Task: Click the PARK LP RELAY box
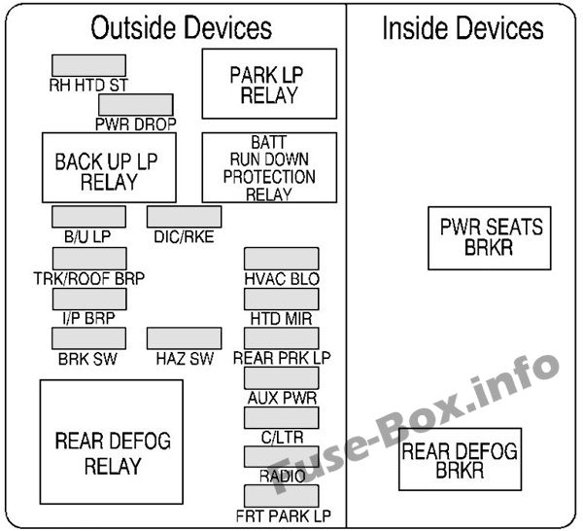point(269,84)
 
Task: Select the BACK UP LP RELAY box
point(108,168)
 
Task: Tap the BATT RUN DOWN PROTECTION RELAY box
point(269,168)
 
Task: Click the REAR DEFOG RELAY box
point(111,452)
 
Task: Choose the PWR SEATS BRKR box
point(490,237)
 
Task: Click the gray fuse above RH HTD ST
point(88,65)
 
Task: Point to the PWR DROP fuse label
point(135,124)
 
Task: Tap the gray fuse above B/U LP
point(88,216)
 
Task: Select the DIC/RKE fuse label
point(184,234)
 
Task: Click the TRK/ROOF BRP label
point(88,278)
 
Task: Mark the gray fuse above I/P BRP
point(88,299)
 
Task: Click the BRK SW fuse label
point(88,358)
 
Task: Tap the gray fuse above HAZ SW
point(184,337)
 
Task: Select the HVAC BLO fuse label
point(282,278)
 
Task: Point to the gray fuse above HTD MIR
point(282,299)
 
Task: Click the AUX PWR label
point(282,397)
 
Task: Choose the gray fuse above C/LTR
point(282,417)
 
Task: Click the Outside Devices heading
point(182,28)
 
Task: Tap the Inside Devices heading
point(462,28)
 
